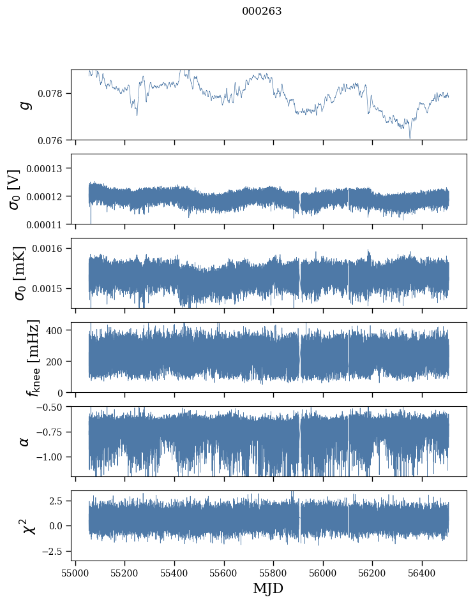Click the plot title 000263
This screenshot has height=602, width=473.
[x=262, y=11]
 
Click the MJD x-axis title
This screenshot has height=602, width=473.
[x=268, y=588]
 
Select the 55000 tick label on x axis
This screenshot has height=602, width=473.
[x=75, y=573]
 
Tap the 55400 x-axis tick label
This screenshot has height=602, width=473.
[x=174, y=573]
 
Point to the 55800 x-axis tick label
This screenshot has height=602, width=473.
[x=273, y=573]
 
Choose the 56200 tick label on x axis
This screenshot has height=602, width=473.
[x=372, y=573]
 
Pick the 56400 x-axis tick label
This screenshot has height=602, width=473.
[x=422, y=573]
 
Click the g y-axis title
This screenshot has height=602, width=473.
[x=26, y=105]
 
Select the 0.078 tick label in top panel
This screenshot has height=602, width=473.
[x=54, y=94]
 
